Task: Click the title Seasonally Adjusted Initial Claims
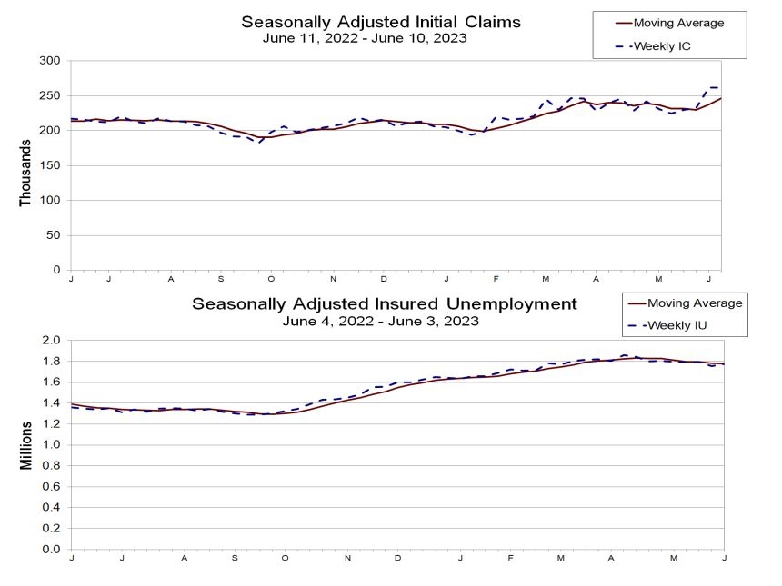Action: point(381,22)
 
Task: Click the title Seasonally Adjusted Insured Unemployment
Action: point(385,303)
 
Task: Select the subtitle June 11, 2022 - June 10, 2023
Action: point(365,38)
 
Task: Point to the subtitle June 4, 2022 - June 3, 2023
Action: point(380,321)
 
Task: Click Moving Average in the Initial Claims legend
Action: point(678,23)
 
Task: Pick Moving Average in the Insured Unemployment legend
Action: point(695,303)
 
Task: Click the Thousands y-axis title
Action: point(25,173)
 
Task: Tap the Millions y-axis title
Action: point(26,445)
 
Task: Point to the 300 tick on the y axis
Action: point(50,60)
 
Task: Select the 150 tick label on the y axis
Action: point(50,165)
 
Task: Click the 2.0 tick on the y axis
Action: point(51,340)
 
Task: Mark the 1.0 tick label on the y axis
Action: point(51,444)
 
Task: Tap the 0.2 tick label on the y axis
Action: point(51,528)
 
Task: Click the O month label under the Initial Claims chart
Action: point(271,279)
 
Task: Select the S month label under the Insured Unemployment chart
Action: point(235,558)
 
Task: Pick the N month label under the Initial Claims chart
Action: point(333,279)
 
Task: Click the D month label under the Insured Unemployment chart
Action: point(397,558)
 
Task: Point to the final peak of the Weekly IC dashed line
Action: point(712,88)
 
